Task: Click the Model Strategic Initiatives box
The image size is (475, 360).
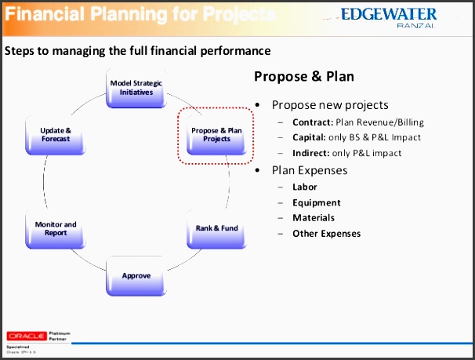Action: [136, 89]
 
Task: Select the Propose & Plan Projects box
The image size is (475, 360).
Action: [217, 134]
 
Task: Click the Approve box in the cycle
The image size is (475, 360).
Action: [136, 276]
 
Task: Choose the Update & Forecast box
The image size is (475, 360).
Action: [56, 135]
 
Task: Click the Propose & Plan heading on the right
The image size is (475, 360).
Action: [304, 77]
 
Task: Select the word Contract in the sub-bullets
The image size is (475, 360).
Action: [311, 122]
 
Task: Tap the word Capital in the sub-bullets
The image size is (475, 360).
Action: [309, 137]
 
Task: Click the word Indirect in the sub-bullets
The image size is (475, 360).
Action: [310, 153]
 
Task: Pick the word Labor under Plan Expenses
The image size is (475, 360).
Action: [305, 187]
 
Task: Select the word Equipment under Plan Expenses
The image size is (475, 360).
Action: [315, 202]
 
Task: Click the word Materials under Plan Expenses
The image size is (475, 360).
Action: [314, 217]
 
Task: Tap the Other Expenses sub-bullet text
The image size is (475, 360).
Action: [326, 233]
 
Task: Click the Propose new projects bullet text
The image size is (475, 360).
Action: [330, 105]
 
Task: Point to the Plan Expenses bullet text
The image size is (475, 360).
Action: [310, 170]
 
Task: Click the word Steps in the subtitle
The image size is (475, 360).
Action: [19, 52]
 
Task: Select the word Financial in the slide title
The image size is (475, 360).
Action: [43, 14]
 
